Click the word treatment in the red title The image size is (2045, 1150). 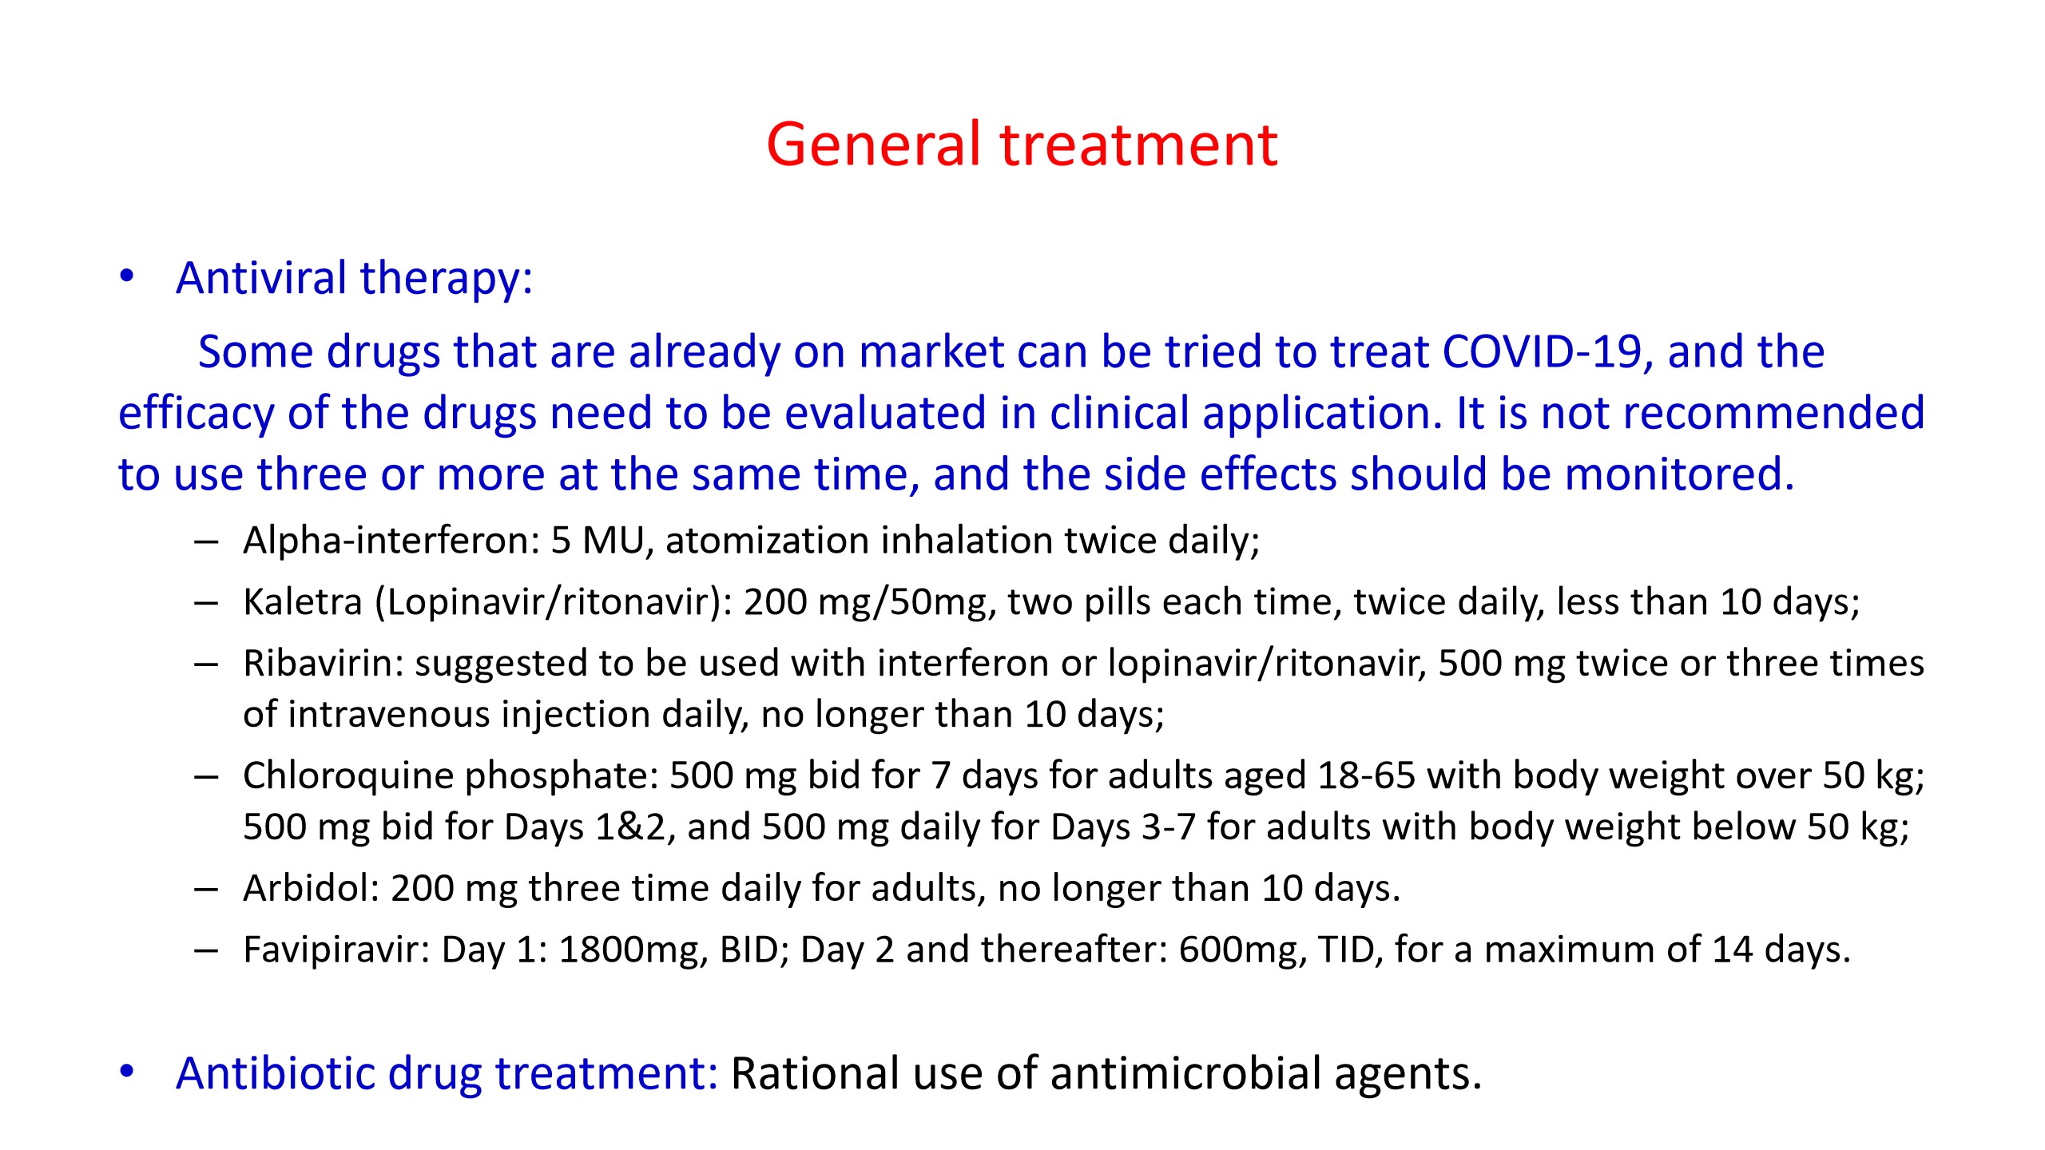click(x=1139, y=145)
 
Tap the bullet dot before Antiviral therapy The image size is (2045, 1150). click(x=127, y=276)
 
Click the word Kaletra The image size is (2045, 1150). click(x=303, y=601)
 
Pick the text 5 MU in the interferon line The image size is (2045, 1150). click(x=598, y=541)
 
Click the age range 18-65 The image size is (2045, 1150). click(x=1366, y=775)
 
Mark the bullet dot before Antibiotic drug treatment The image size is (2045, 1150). click(x=127, y=1072)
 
